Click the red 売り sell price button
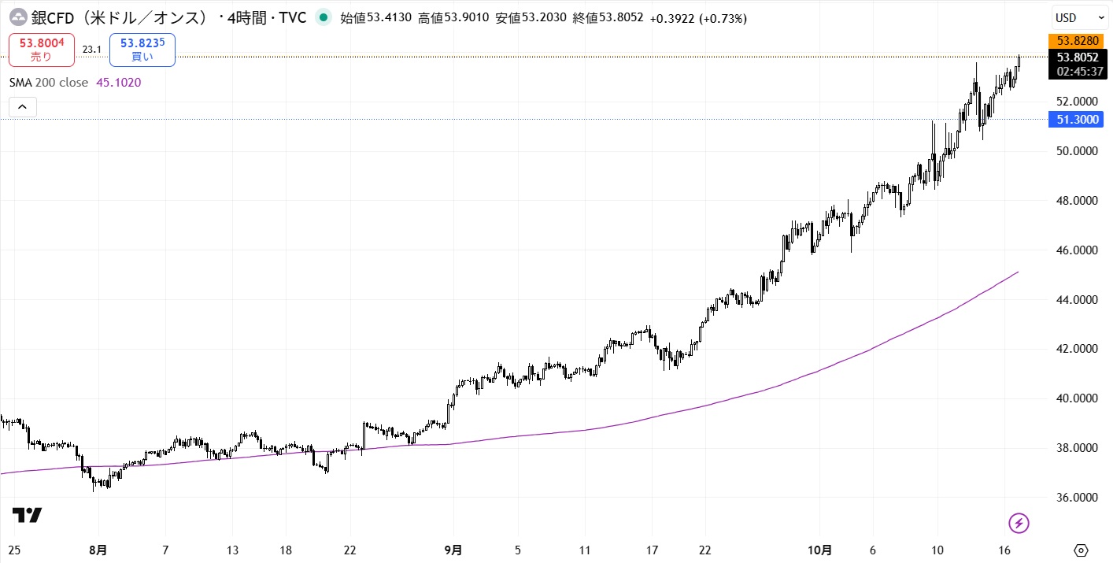(x=42, y=50)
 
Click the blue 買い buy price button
(x=142, y=50)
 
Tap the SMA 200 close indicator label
(x=48, y=82)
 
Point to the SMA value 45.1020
(x=118, y=82)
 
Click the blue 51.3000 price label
(x=1078, y=120)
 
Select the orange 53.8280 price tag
(x=1078, y=40)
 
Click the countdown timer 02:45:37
(x=1078, y=71)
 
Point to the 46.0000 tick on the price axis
(x=1076, y=250)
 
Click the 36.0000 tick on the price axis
(x=1076, y=498)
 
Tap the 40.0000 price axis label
(x=1076, y=398)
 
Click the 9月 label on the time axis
(x=453, y=550)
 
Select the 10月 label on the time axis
(x=820, y=550)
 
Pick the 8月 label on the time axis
(x=98, y=550)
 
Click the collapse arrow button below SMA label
(x=22, y=107)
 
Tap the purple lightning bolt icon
(x=1019, y=522)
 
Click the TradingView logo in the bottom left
(x=27, y=516)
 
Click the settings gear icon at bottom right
(x=1080, y=550)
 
